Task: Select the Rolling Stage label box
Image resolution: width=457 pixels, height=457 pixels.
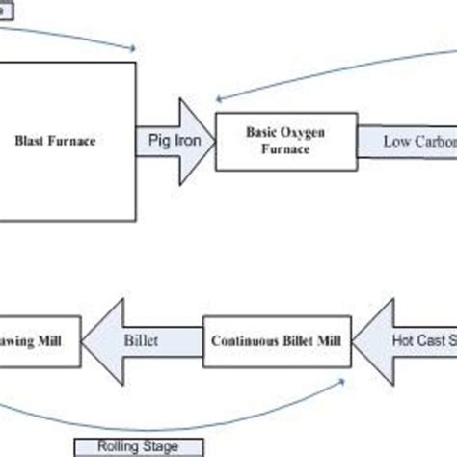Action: [125, 446]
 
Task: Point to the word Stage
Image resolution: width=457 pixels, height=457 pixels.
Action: [148, 446]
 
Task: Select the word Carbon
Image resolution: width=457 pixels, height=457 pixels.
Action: [436, 142]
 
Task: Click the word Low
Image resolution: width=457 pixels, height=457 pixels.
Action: [398, 142]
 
